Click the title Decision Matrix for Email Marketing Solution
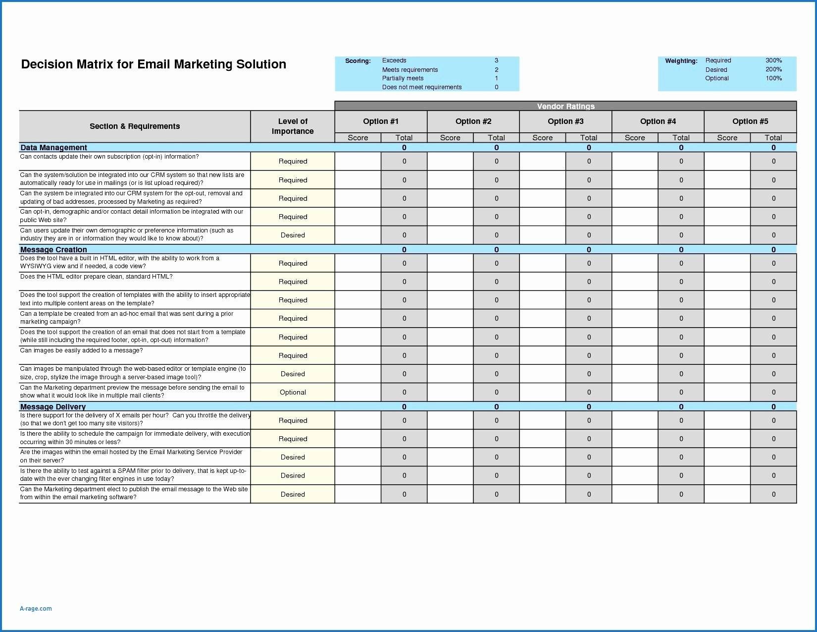click(153, 64)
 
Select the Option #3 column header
click(565, 121)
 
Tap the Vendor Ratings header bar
click(565, 106)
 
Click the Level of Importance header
click(293, 126)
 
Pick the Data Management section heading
click(53, 148)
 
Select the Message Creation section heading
click(53, 250)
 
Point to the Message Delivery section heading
click(53, 407)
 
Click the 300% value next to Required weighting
click(773, 60)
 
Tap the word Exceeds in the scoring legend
click(394, 60)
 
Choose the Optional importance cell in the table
click(293, 393)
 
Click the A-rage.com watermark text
click(36, 609)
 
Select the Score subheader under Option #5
click(727, 138)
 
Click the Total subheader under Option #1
click(404, 138)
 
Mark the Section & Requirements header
click(135, 126)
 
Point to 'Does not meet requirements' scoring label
click(422, 87)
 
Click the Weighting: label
click(681, 61)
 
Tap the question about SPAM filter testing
click(133, 475)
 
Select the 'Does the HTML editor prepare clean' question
click(97, 277)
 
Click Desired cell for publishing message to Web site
click(293, 494)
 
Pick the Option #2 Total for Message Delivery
click(496, 407)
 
